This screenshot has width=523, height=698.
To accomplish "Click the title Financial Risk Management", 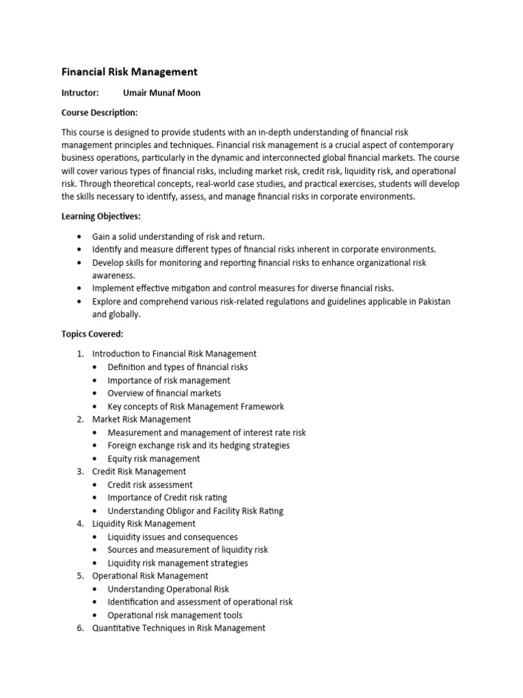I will point(129,72).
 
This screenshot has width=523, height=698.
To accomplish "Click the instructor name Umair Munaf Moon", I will point(161,93).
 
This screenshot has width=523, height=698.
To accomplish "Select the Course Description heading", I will point(99,112).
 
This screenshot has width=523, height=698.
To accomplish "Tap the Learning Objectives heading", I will point(101,216).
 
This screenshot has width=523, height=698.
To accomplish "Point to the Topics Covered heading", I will point(92,334).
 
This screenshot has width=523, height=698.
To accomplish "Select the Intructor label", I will point(80,93).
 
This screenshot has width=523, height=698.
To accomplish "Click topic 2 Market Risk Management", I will point(142,419).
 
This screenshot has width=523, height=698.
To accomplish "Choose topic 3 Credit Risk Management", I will point(139,471).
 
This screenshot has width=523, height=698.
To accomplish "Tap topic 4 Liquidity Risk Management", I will point(144,523).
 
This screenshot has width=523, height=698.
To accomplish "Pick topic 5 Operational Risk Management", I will point(150,576).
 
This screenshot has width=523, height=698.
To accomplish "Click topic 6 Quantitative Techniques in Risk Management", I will point(178,628).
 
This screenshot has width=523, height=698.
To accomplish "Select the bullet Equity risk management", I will point(154,459).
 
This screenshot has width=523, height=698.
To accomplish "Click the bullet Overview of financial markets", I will point(164,393).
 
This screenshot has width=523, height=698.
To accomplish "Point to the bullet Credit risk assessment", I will point(150,485).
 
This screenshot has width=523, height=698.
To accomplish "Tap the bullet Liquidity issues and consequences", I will point(172,537).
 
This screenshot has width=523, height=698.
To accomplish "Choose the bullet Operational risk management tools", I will point(174,615).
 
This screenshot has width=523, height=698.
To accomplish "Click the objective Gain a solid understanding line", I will point(178,237).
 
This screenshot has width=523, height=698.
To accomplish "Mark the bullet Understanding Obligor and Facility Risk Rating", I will point(195,511).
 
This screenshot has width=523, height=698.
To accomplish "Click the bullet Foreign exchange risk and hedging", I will point(198,445).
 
